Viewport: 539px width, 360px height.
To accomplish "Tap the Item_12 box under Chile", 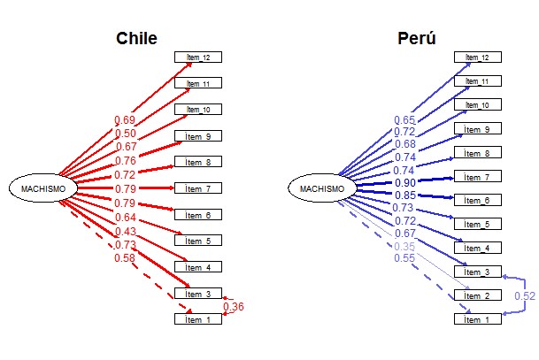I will coord(197,57).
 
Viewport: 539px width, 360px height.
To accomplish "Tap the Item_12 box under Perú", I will coord(478,57).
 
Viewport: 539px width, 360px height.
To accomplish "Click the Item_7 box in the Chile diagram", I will coord(197,188).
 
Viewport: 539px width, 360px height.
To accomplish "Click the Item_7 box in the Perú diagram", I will coord(478,176).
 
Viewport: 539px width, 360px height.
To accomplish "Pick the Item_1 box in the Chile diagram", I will coord(197,318).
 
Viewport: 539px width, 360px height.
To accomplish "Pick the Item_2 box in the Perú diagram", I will coord(478,295).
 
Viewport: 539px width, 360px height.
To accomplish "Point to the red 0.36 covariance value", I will coord(234,307).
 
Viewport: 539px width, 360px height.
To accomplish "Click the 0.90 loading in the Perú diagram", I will coord(405,182).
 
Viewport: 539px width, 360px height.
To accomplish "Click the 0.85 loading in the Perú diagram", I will coord(405,195).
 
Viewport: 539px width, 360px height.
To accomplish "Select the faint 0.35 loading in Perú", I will coord(405,245).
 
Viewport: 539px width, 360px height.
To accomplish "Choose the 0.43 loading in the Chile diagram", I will coord(125,231).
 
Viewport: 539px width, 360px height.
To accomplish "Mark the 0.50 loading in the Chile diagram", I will coord(125,133).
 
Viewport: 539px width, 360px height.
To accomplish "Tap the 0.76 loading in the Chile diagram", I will coord(125,161).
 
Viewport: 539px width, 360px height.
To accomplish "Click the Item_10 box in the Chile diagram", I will coord(197,110).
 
